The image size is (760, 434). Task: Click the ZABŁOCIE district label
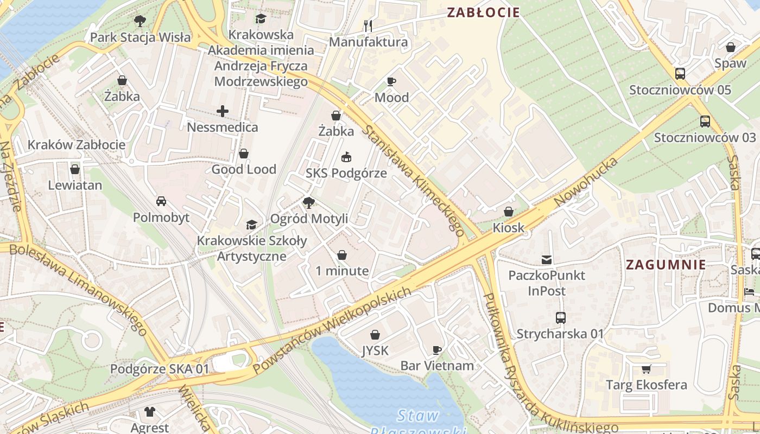[483, 12]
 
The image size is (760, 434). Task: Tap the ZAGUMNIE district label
[666, 265]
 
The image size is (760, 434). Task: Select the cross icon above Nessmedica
[223, 112]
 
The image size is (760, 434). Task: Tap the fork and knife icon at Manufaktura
[368, 25]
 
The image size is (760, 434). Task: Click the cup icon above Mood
[391, 82]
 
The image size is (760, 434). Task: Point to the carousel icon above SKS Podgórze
[346, 157]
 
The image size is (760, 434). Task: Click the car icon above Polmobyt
[161, 201]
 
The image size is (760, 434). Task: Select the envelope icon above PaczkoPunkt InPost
[547, 260]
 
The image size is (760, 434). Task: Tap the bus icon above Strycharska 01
[560, 318]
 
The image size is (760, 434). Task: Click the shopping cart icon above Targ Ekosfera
[646, 369]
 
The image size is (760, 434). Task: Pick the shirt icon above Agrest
[150, 412]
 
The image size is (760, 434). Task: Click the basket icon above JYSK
[375, 335]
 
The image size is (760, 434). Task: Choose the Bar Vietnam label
[437, 366]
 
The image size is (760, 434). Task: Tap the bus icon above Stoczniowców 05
[680, 74]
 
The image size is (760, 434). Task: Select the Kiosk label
[509, 227]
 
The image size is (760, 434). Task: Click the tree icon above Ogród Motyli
[309, 203]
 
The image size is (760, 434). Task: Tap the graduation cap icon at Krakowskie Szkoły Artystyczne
[251, 225]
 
